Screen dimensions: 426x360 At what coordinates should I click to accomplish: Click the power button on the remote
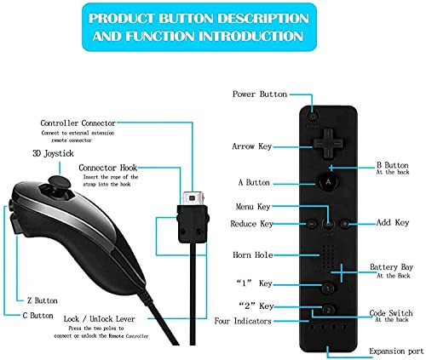pyautogui.click(x=313, y=117)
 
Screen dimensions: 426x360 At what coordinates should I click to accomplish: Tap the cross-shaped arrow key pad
pyautogui.click(x=328, y=143)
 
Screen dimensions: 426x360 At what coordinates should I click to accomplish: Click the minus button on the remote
pyautogui.click(x=312, y=224)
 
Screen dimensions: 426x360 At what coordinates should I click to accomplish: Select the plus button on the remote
pyautogui.click(x=345, y=224)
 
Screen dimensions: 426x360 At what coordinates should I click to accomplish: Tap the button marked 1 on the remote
pyautogui.click(x=328, y=289)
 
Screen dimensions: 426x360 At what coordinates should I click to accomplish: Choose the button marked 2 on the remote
pyautogui.click(x=328, y=310)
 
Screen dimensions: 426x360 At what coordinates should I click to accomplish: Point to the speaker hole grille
pyautogui.click(x=328, y=257)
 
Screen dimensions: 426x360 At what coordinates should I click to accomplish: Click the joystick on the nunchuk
pyautogui.click(x=60, y=182)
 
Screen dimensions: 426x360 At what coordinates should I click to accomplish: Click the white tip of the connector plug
pyautogui.click(x=193, y=198)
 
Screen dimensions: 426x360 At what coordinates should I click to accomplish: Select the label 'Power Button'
pyautogui.click(x=260, y=94)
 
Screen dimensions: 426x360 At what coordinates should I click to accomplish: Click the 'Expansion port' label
pyautogui.click(x=396, y=351)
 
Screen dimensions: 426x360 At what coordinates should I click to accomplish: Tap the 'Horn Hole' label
pyautogui.click(x=253, y=254)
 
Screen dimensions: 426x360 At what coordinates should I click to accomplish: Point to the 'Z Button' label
pyautogui.click(x=43, y=300)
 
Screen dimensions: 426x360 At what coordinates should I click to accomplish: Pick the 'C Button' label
pyautogui.click(x=37, y=316)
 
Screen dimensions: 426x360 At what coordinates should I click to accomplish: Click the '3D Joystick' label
pyautogui.click(x=53, y=154)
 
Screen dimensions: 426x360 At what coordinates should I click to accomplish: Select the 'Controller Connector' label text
pyautogui.click(x=78, y=123)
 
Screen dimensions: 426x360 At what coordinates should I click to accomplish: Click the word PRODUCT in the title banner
pyautogui.click(x=121, y=19)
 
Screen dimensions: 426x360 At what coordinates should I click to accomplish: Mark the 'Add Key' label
pyautogui.click(x=393, y=223)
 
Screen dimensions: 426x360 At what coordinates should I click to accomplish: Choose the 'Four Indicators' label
pyautogui.click(x=243, y=321)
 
